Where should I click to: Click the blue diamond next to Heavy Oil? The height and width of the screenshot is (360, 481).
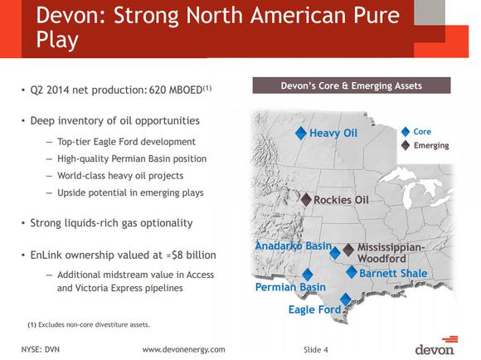[302, 133]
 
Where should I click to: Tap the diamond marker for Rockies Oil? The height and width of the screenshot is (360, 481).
[305, 199]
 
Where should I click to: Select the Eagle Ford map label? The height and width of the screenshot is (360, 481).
[314, 310]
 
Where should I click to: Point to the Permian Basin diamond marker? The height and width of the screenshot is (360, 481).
[308, 275]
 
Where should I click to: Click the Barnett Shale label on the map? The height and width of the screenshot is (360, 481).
[393, 274]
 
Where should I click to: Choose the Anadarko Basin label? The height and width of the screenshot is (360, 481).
[293, 246]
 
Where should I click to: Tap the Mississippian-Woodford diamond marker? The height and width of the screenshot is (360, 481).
[348, 249]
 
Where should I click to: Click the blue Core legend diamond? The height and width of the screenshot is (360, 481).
[405, 131]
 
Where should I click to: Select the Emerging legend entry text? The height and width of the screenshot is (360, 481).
[431, 145]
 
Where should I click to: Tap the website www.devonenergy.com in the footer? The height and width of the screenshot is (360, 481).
[183, 349]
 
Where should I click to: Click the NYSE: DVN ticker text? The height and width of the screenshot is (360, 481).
[41, 349]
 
